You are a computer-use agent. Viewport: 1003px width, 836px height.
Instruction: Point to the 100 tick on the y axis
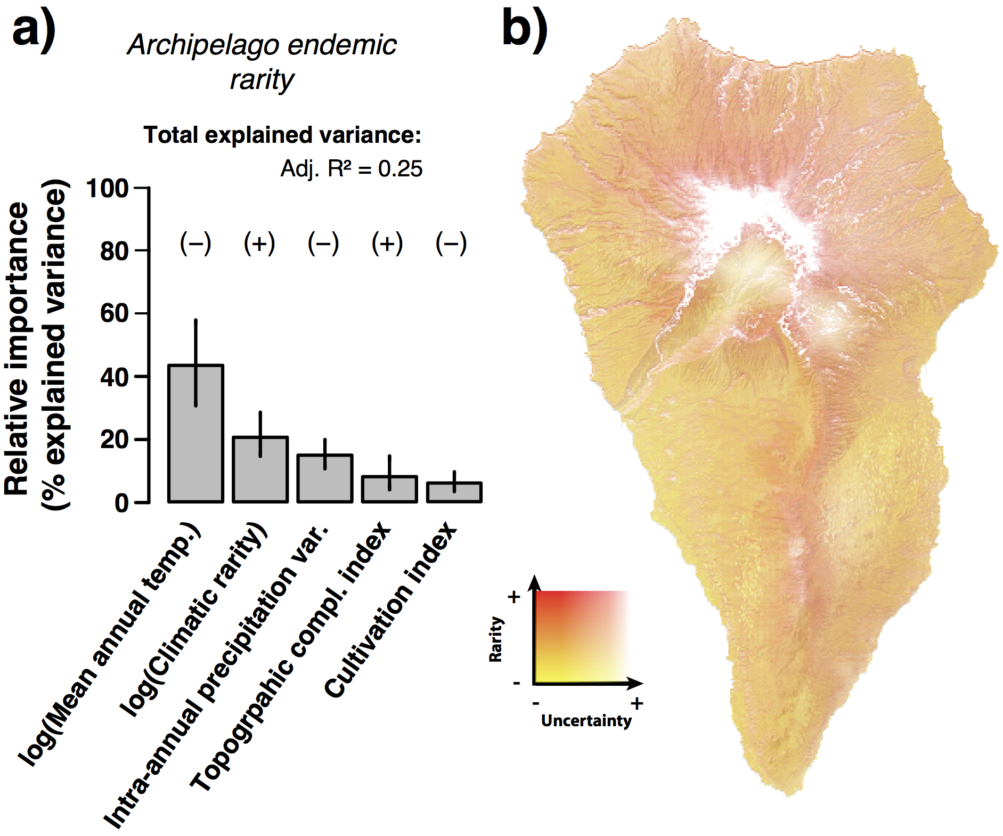tap(108, 189)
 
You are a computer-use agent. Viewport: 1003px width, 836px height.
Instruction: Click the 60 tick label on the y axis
tap(114, 313)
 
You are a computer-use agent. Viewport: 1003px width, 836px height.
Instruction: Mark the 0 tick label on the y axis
tap(121, 503)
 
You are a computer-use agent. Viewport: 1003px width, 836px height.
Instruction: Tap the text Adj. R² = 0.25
tap(351, 169)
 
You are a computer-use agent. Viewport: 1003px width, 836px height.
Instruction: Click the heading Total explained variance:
tap(282, 135)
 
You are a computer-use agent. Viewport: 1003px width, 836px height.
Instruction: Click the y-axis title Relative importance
tap(17, 349)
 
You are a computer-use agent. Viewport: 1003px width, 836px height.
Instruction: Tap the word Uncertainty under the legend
tap(586, 721)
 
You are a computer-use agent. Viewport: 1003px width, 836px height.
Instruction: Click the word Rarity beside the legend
tap(496, 639)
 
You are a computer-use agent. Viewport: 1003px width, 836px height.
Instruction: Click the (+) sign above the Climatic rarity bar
tap(259, 244)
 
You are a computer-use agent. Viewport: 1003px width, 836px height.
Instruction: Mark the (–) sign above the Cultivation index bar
tap(451, 244)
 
